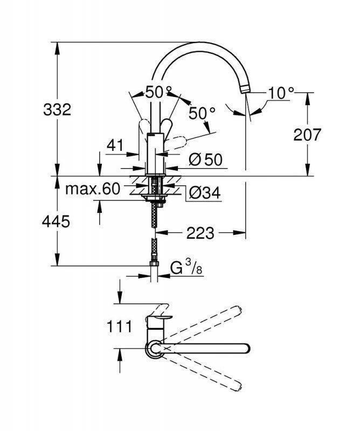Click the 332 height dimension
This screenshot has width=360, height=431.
pos(57,110)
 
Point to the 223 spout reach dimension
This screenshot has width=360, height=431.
pos(200,233)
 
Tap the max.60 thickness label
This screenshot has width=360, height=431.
pos(92,189)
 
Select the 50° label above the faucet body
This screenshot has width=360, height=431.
pos(157,92)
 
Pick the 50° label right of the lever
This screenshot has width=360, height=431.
pos(202,113)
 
